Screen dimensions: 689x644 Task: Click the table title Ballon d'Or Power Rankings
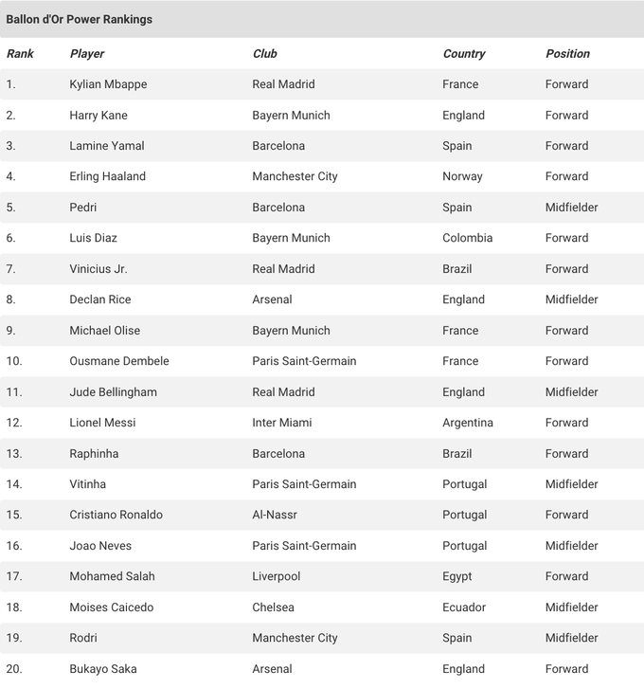[80, 19]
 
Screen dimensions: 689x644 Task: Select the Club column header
[264, 54]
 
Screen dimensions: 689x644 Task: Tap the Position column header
[567, 54]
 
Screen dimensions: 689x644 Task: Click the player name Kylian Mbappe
[108, 84]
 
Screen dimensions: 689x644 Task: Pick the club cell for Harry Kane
[291, 116]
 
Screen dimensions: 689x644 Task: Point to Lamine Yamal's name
[107, 146]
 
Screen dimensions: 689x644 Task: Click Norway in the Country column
[462, 176]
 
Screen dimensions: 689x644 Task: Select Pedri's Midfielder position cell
[571, 208]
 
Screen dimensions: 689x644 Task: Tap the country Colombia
[467, 238]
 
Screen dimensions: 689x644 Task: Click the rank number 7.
[11, 269]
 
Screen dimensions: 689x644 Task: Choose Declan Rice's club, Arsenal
[272, 299]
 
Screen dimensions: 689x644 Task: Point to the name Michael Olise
[104, 331]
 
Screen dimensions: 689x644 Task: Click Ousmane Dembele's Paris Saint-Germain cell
[304, 361]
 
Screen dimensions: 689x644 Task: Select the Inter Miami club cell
[281, 423]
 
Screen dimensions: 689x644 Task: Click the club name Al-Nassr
[275, 515]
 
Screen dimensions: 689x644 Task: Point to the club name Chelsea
[273, 607]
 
